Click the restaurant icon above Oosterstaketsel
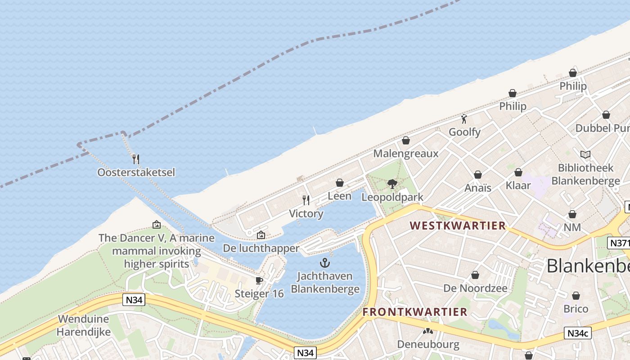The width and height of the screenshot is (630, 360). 136,159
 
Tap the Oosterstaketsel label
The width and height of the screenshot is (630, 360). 136,172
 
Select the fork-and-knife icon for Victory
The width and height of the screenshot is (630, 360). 306,200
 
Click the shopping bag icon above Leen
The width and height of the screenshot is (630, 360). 340,183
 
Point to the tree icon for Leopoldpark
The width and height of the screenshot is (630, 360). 392,184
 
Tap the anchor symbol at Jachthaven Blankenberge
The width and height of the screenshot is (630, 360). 325,263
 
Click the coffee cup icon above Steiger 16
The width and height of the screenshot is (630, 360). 259,280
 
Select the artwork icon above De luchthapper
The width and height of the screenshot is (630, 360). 261,234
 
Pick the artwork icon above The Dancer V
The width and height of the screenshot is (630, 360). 157,224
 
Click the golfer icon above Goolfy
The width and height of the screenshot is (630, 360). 464,119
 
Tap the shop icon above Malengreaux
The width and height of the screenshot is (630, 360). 406,140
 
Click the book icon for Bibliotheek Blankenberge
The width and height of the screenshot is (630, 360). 585,155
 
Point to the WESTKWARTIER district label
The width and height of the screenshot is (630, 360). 458,225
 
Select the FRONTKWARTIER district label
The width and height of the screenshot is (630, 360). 415,312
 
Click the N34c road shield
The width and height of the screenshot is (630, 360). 578,333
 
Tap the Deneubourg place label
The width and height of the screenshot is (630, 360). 428,345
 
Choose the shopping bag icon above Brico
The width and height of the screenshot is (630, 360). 576,296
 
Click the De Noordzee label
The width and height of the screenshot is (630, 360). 475,288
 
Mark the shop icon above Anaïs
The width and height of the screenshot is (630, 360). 478,175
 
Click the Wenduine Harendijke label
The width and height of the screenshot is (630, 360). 84,326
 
